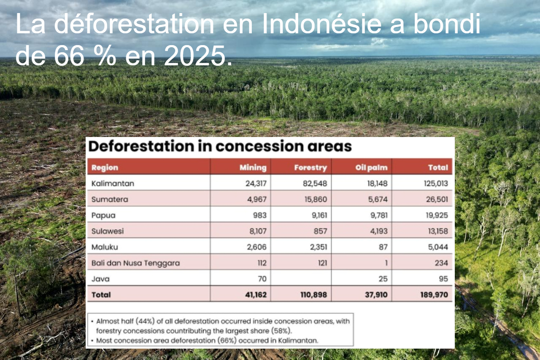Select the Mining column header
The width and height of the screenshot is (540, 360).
tap(253, 167)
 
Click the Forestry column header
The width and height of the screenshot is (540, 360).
tap(310, 167)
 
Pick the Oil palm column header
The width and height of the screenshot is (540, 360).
tap(371, 167)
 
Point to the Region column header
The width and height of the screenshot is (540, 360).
tap(105, 167)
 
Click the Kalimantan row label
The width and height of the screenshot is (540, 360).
tap(113, 183)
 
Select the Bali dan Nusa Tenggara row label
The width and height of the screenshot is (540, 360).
tap(135, 263)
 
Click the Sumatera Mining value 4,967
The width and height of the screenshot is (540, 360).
tap(256, 199)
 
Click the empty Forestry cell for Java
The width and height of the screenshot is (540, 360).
tap(301, 279)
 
